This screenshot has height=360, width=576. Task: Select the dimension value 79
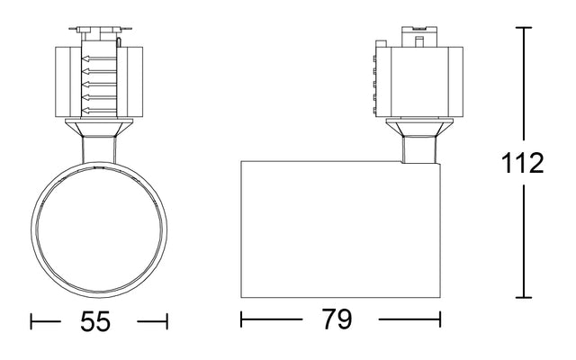click(x=339, y=319)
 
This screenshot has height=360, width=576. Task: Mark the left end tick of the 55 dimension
click(x=32, y=321)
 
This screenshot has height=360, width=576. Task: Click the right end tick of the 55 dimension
click(x=166, y=321)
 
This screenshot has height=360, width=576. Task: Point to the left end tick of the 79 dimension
click(x=241, y=319)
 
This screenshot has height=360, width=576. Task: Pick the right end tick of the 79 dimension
click(x=439, y=319)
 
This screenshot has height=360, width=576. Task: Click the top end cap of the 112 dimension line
click(x=525, y=28)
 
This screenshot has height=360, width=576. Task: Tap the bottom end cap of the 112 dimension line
click(x=525, y=298)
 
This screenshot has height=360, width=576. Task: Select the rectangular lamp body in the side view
click(x=340, y=229)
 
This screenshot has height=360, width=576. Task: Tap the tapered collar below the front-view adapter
click(x=99, y=130)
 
